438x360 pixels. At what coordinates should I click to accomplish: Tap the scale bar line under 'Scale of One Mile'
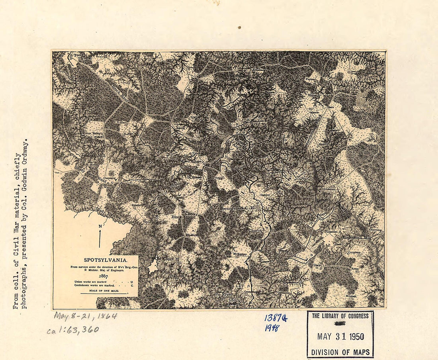104,294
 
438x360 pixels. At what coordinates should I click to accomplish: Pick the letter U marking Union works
131,282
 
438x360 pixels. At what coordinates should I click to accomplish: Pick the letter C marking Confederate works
131,286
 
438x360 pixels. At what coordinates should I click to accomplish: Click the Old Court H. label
167,259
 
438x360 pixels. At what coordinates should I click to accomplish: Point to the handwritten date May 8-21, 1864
85,316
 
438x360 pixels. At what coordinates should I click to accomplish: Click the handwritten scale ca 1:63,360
72,330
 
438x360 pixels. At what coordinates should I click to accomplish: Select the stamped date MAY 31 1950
340,337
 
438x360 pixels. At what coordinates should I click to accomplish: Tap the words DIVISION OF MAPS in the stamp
340,352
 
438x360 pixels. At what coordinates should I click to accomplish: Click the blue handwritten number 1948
272,328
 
